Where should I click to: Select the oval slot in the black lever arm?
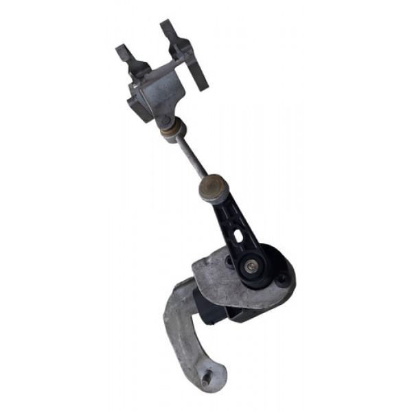238,236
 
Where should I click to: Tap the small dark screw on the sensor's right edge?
282,278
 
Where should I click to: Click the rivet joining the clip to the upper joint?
165,122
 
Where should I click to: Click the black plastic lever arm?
233,220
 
